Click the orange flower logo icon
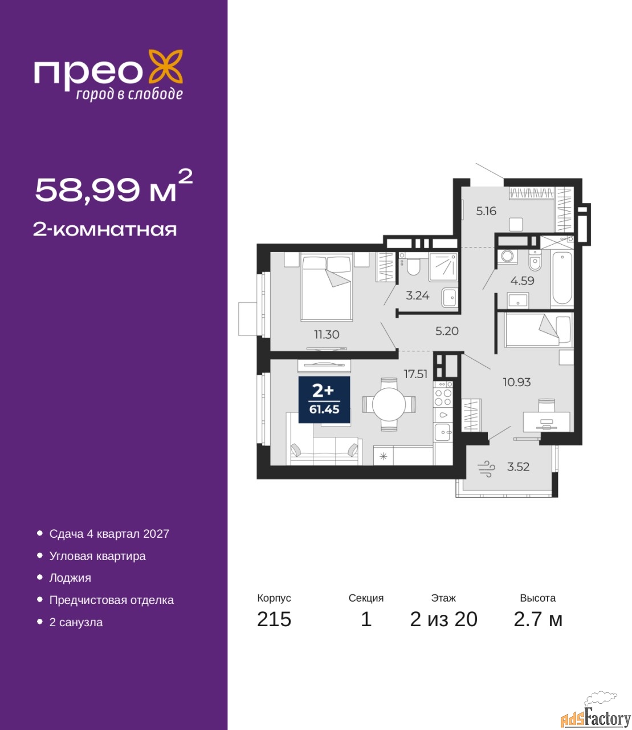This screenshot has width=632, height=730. coord(165,67)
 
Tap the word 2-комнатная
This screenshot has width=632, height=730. coord(105,230)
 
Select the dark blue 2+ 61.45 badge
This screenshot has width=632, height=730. coord(324,399)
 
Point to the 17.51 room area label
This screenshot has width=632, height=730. coord(415,374)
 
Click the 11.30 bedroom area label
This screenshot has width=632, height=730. coord(327,334)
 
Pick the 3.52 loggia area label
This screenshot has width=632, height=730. coord(518,467)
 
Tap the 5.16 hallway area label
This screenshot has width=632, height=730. coord(486,211)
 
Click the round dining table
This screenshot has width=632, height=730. coord(389,404)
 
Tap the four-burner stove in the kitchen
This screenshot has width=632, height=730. coord(443,397)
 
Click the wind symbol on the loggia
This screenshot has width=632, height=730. coord(486,469)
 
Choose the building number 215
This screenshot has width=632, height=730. coord(274,619)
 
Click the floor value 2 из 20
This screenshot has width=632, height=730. coord(443,619)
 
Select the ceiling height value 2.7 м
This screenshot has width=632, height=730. coord(538,619)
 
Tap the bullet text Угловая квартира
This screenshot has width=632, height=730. coord(97,556)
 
